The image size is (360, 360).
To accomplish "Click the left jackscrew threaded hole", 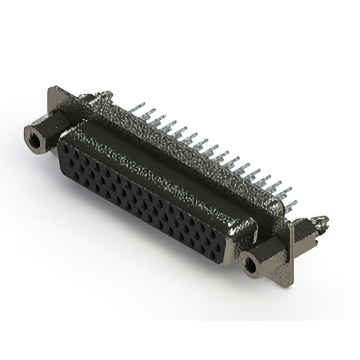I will click(35, 140).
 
